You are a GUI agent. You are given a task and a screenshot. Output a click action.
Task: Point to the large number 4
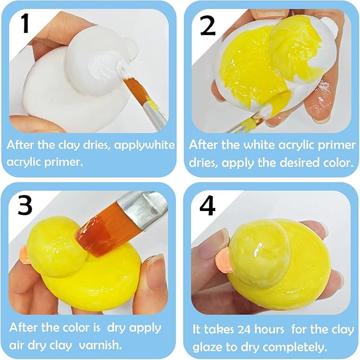pos(208,206)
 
